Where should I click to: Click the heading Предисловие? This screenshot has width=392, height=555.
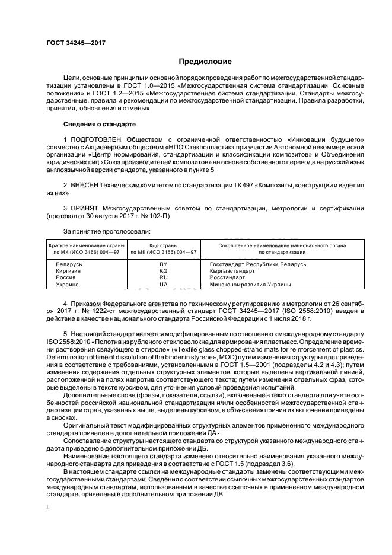point(205,62)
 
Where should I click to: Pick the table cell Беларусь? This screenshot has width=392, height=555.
point(69,264)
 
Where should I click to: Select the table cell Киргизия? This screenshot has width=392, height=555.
point(69,270)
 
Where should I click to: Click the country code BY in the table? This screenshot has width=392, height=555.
point(164,264)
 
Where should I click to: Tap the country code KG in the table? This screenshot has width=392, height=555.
point(164,270)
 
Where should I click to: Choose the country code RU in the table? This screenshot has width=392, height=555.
point(164,277)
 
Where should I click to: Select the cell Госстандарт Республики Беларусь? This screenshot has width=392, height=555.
point(257,264)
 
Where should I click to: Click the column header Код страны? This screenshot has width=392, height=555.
point(164,245)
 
